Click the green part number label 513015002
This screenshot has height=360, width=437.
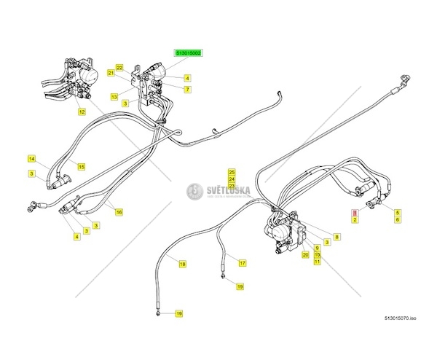click(x=188, y=53)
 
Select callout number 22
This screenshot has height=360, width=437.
click(x=119, y=67)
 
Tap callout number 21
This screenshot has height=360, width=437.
click(x=111, y=74)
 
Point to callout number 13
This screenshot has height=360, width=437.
click(x=114, y=96)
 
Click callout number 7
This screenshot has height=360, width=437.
click(x=187, y=89)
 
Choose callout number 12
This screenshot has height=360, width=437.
click(x=82, y=111)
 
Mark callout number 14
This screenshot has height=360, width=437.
click(x=32, y=158)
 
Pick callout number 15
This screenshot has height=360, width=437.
click(x=82, y=166)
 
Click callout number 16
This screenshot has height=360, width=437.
click(x=119, y=212)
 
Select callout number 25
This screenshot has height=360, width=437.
click(x=232, y=171)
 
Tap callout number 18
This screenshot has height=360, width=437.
click(x=183, y=264)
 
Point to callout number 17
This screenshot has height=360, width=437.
click(x=243, y=262)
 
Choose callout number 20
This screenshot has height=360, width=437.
click(x=306, y=254)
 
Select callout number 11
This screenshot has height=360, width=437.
click(x=318, y=262)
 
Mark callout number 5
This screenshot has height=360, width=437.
click(x=397, y=211)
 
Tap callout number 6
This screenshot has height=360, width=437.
click(x=397, y=219)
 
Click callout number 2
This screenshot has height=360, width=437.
click(x=355, y=219)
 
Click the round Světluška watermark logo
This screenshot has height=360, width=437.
click(x=194, y=192)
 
